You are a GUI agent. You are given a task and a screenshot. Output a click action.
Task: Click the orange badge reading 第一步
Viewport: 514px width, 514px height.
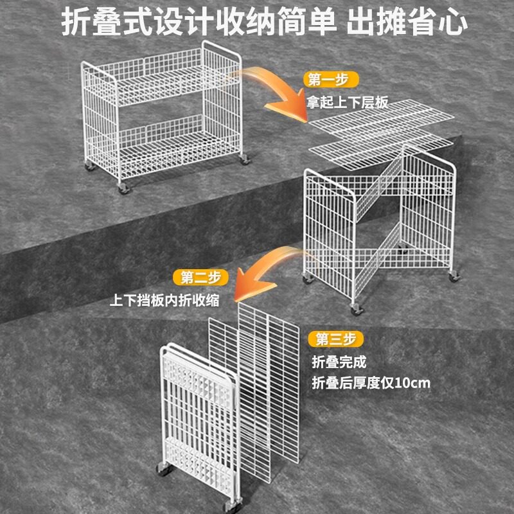click(x=330, y=80)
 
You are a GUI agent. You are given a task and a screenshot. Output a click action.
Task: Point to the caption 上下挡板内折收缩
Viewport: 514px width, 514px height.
click(x=164, y=300)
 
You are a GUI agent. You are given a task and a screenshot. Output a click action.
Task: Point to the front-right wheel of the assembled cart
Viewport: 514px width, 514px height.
click(x=245, y=159)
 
